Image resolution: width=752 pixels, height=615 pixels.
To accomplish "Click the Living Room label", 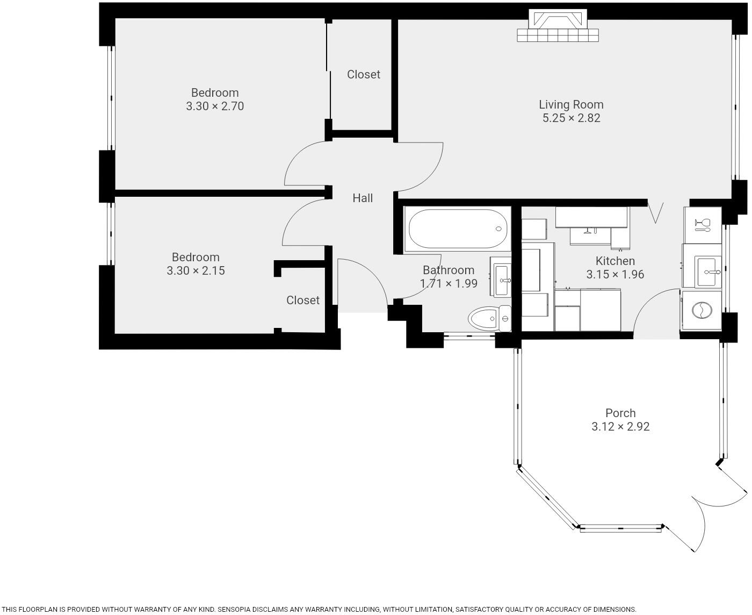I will tap(571, 104).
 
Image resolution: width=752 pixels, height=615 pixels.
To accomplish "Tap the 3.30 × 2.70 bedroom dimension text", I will tap(215, 106).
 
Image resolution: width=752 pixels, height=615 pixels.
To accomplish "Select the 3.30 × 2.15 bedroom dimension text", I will tap(196, 271).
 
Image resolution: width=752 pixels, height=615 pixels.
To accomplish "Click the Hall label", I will tap(363, 198).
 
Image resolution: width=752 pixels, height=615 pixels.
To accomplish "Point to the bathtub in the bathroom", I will tap(458, 229).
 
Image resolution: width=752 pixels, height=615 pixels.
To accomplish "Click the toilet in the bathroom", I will tap(489, 319).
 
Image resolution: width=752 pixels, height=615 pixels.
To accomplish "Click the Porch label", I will tap(620, 413).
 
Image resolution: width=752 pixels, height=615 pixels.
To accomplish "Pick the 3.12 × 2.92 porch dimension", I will tap(620, 427).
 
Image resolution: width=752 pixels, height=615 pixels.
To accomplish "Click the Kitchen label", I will tap(615, 261).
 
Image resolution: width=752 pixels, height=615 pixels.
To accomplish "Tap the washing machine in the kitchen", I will tap(702, 310).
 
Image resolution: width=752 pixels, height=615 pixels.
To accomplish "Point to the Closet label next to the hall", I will tap(364, 75).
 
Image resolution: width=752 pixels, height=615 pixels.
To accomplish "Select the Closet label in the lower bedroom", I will tap(303, 301).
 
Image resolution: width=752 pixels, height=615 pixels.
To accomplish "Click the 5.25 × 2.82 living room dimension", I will tap(571, 118).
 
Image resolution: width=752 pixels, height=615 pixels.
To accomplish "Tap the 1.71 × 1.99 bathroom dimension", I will tap(449, 284).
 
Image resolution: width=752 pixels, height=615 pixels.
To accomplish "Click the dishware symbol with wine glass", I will tap(702, 225).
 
